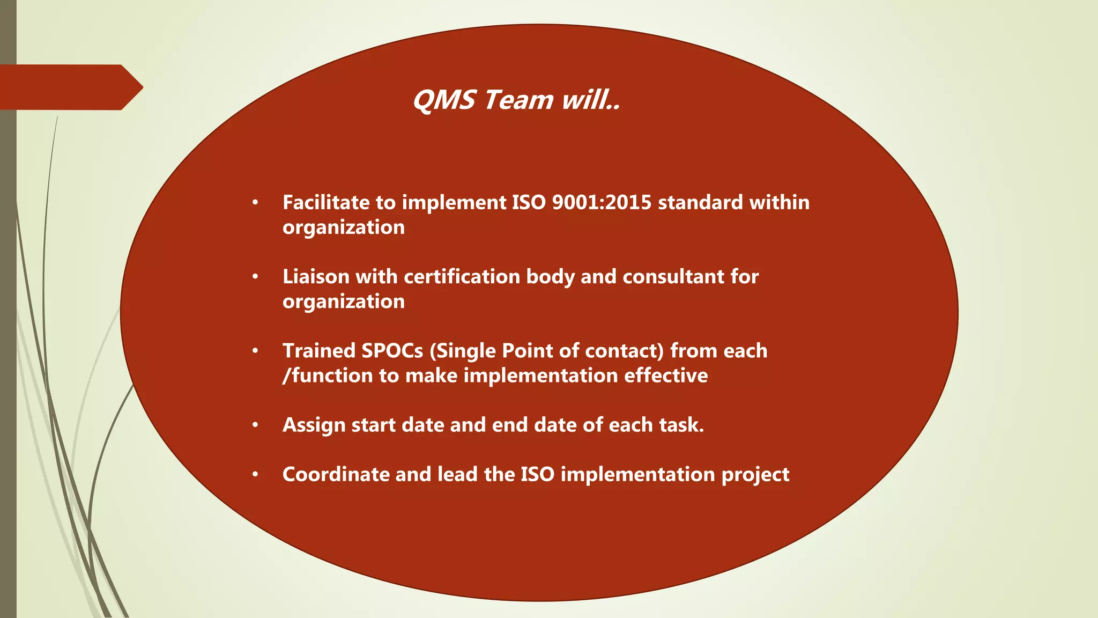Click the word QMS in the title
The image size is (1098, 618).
pyautogui.click(x=444, y=100)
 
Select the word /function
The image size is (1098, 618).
pyautogui.click(x=328, y=375)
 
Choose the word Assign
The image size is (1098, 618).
pyautogui.click(x=314, y=425)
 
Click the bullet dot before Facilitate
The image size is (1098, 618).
pyautogui.click(x=256, y=203)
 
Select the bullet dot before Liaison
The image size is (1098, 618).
pyautogui.click(x=256, y=277)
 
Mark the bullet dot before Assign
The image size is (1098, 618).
pyautogui.click(x=256, y=425)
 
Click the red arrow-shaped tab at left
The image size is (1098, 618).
pyautogui.click(x=70, y=87)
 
